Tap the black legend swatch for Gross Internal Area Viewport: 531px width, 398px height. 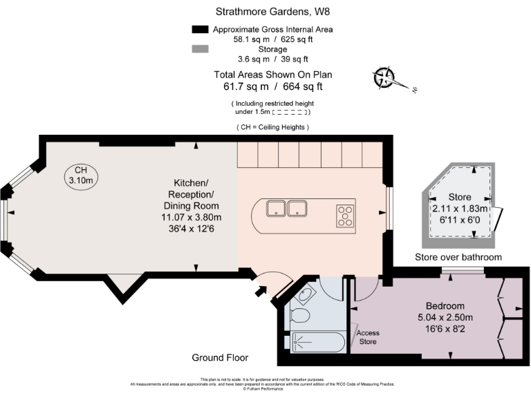[200, 30]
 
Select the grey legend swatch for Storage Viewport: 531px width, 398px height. [200, 49]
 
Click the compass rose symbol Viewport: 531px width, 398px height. [384, 78]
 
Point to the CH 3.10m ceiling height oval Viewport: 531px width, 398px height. [81, 175]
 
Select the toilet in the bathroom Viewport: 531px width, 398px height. [300, 316]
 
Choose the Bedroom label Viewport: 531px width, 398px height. [445, 306]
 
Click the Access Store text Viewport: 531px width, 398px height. [368, 337]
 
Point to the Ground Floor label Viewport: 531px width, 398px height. [220, 358]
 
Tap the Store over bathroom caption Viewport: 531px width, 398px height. [458, 258]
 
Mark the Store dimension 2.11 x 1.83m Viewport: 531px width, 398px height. [460, 208]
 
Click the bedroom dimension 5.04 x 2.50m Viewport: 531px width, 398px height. [445, 317]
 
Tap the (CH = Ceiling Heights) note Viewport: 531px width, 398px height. [272, 127]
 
